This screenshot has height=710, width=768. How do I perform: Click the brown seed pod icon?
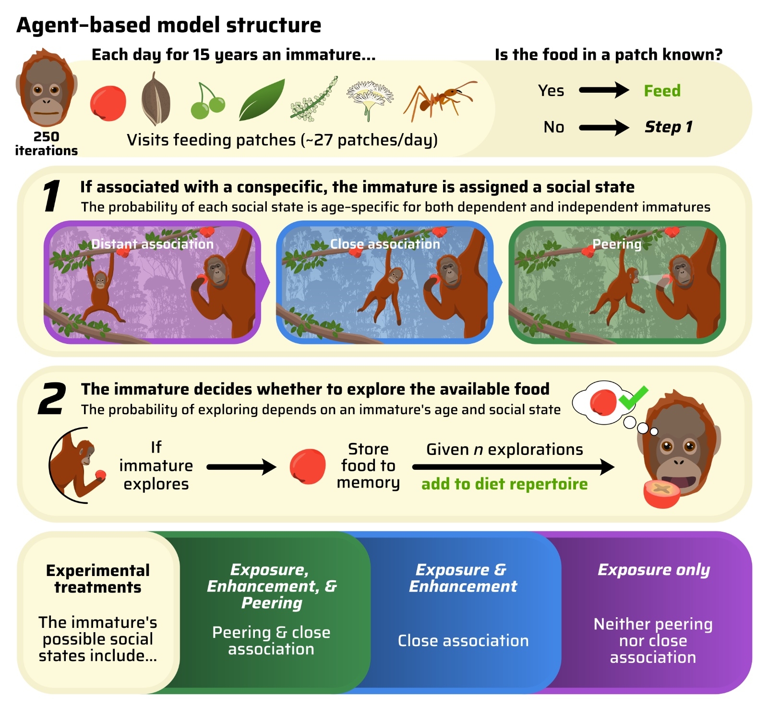(x=156, y=99)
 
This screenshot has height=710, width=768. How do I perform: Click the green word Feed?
(x=662, y=91)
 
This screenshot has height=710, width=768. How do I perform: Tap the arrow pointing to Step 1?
(x=603, y=127)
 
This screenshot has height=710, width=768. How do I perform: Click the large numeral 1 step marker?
(x=51, y=196)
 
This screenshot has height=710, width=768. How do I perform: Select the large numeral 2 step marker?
(x=52, y=399)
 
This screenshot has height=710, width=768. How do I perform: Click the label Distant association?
(x=152, y=244)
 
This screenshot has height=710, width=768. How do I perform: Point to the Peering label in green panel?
(x=617, y=244)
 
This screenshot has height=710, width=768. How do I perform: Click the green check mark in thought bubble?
(x=633, y=398)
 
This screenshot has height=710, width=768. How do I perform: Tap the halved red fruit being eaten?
(x=661, y=493)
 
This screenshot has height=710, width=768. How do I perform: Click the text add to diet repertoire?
(x=504, y=484)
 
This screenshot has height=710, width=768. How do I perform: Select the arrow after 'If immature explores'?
(x=241, y=466)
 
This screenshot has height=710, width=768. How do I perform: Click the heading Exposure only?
(x=653, y=570)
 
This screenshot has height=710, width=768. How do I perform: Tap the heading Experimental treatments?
(x=98, y=578)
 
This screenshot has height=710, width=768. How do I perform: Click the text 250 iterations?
(x=46, y=144)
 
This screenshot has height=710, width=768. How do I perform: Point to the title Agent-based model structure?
(x=168, y=25)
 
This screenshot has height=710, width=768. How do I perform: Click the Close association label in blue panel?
(x=384, y=244)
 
